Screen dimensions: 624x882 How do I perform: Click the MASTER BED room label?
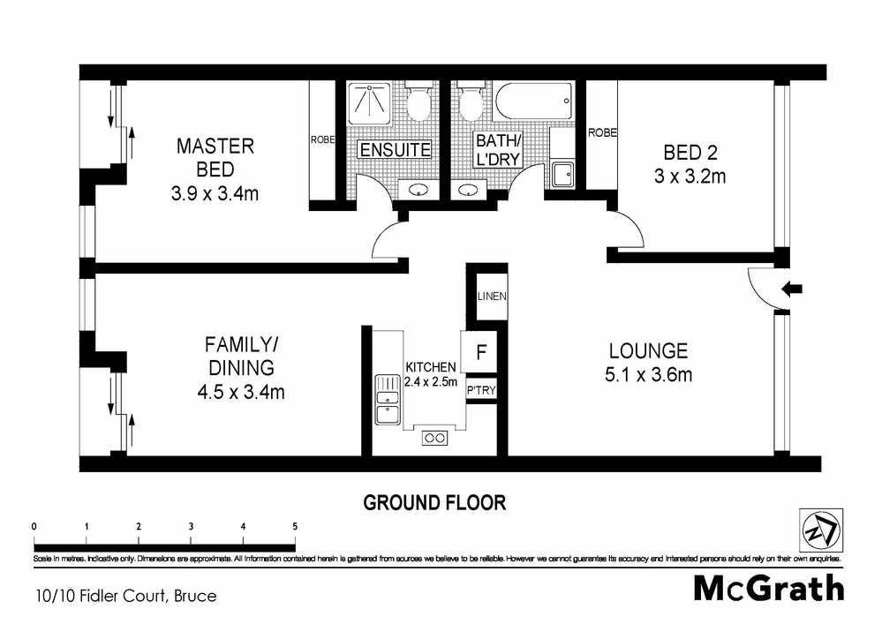[215, 156]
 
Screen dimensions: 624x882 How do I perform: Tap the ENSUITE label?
[395, 150]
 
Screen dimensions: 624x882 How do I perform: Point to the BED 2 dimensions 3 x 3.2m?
[690, 176]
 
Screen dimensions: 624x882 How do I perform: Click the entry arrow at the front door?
[792, 288]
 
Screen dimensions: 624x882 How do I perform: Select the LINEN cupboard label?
[491, 297]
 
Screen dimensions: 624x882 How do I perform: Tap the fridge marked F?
[481, 351]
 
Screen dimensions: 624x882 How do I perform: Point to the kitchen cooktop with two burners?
[434, 437]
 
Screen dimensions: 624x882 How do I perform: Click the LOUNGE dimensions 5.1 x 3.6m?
[648, 375]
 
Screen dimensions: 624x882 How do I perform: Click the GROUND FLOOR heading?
[434, 503]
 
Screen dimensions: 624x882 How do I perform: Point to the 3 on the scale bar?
[191, 526]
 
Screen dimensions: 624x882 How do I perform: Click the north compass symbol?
[819, 530]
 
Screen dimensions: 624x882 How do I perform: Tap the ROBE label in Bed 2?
[602, 133]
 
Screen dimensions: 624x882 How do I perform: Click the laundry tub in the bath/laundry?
[562, 173]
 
